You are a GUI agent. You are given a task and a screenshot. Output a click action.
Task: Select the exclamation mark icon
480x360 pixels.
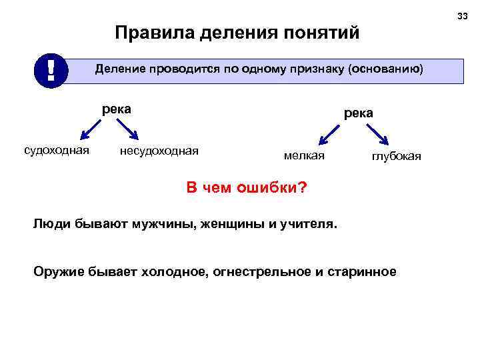tap(51, 70)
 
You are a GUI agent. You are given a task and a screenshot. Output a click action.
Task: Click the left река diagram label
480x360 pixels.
tap(116, 108)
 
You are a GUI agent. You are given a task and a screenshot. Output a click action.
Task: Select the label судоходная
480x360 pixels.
tap(57, 150)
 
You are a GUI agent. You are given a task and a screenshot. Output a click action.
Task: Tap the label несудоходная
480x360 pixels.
tap(159, 151)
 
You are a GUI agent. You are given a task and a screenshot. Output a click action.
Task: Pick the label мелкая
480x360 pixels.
tap(303, 155)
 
